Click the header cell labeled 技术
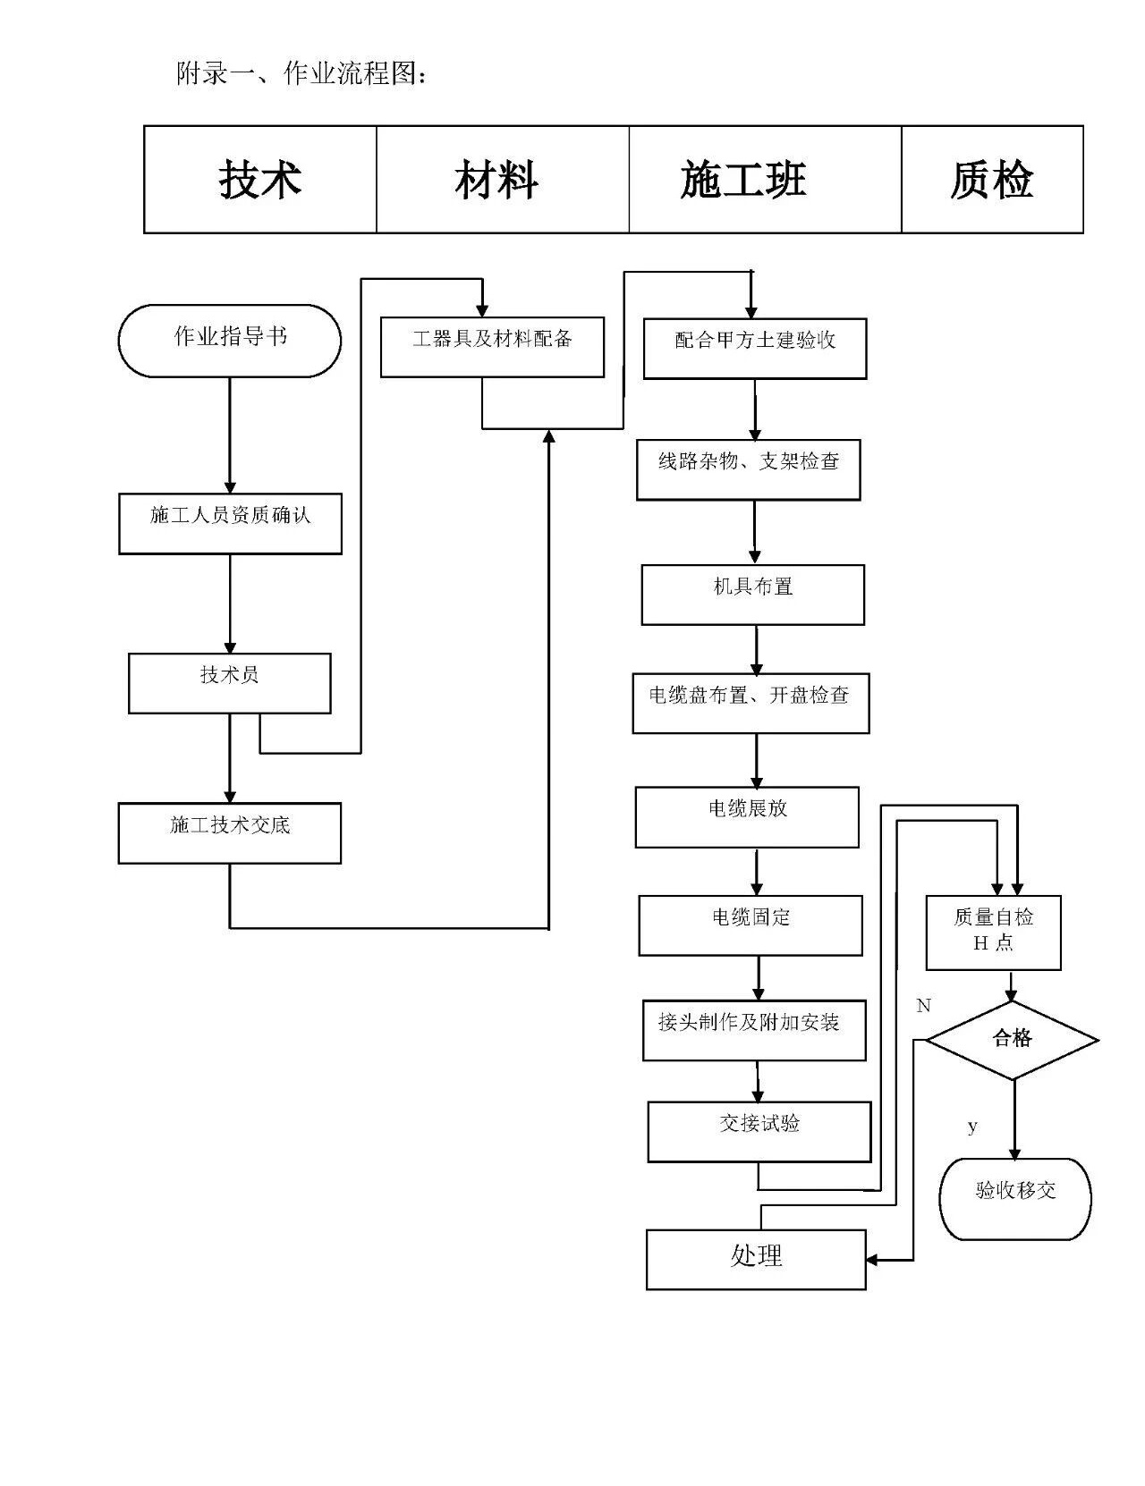[x=260, y=179]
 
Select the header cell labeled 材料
[x=503, y=179]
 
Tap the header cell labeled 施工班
[x=766, y=179]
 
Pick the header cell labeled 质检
[x=992, y=179]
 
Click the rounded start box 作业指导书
[x=230, y=341]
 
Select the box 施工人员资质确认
[x=230, y=524]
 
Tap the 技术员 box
[x=230, y=684]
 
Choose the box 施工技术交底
[x=230, y=833]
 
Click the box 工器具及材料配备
[x=493, y=348]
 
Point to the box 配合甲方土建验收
[x=755, y=349]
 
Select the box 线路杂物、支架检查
[x=749, y=469]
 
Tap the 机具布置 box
[x=753, y=595]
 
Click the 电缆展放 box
[x=747, y=818]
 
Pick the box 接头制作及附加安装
[x=754, y=1031]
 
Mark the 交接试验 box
[x=759, y=1132]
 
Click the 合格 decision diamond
[x=1013, y=1041]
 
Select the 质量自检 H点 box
[x=994, y=933]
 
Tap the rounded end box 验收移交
[x=1015, y=1199]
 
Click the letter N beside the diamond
[x=923, y=1006]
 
